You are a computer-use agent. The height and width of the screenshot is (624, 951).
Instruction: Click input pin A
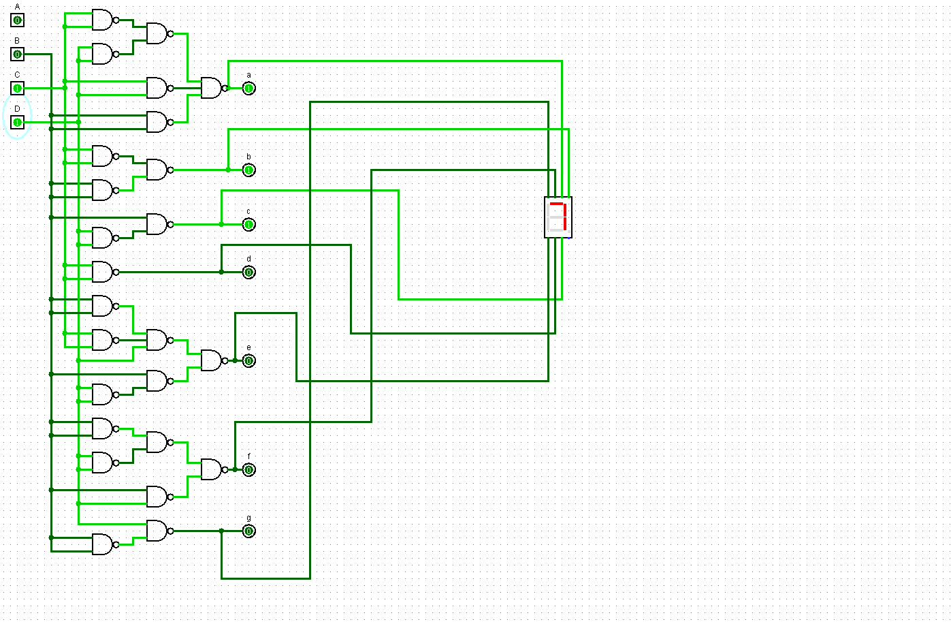(17, 20)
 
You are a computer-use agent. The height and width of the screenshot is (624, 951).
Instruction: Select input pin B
(17, 54)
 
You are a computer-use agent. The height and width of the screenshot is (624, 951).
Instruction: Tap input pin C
(17, 89)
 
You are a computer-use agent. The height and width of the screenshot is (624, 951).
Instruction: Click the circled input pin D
(17, 123)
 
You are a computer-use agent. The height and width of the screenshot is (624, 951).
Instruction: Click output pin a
(248, 89)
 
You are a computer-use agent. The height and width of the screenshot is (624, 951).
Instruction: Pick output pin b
(248, 170)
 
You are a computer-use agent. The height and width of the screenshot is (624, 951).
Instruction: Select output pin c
(248, 225)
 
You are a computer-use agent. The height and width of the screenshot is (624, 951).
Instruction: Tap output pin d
(248, 272)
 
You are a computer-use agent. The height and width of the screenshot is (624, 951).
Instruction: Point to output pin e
(248, 361)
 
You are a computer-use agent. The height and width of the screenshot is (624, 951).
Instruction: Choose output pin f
(248, 470)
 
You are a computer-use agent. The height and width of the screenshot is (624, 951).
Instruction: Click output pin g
(248, 531)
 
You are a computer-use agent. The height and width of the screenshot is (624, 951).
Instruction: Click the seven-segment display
(558, 217)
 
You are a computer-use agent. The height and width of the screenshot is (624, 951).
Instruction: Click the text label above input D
(17, 109)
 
